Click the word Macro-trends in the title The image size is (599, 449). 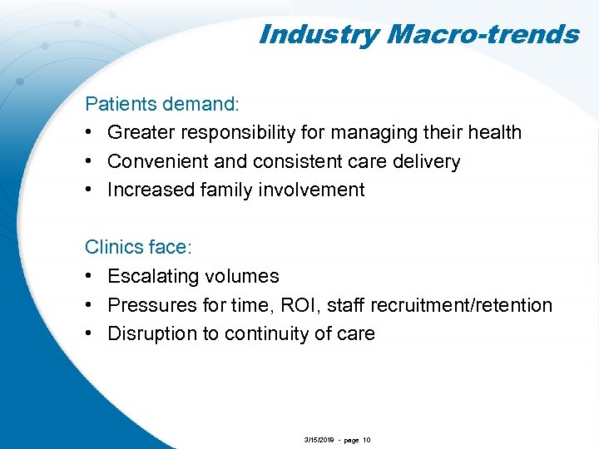[483, 34]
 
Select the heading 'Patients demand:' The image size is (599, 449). [162, 104]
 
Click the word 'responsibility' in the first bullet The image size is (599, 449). [255, 133]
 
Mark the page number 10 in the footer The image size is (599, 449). [367, 440]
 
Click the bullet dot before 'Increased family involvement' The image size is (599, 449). [90, 190]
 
